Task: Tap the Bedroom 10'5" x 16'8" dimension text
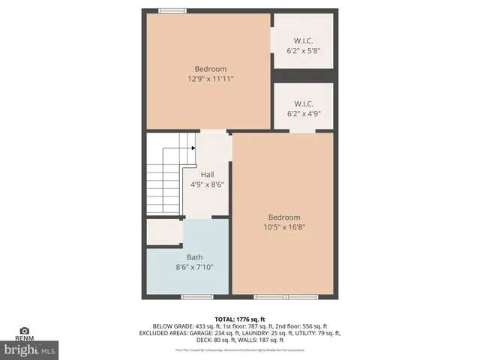coord(284,227)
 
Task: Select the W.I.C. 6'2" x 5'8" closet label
coord(303,50)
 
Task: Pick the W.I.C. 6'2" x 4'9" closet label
coord(303,114)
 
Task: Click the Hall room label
coord(206,174)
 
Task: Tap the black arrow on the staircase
coord(193,148)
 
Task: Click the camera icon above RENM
coord(24,331)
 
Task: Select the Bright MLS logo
coord(29,349)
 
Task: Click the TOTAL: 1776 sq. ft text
coord(239,319)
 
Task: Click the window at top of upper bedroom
coord(172,10)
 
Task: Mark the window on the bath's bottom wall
coord(193,297)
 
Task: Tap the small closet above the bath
coord(163,232)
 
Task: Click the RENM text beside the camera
coord(24,339)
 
